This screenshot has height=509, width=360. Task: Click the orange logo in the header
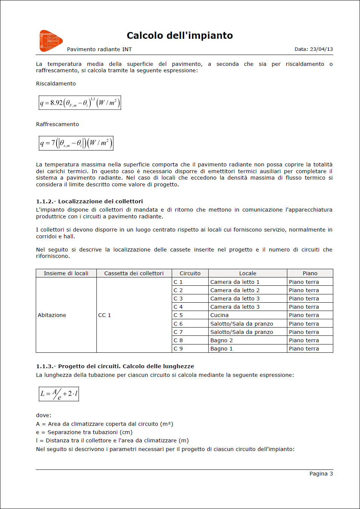(51, 41)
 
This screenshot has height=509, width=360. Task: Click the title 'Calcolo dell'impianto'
(180, 35)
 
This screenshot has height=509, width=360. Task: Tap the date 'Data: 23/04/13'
(313, 49)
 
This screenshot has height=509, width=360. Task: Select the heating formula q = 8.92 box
(80, 103)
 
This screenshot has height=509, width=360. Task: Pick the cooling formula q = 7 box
(76, 143)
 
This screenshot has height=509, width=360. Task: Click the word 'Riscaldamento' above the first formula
(56, 84)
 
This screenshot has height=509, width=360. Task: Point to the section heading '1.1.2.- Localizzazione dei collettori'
(89, 201)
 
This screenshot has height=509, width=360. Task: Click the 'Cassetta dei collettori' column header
(134, 273)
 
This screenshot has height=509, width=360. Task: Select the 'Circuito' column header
(190, 273)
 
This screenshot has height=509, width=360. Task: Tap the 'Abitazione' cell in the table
(52, 315)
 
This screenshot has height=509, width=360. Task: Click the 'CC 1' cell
(104, 315)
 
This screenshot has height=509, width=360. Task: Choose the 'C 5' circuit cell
(178, 315)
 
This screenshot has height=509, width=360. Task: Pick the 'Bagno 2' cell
(221, 340)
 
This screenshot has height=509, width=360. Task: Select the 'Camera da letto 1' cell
(235, 282)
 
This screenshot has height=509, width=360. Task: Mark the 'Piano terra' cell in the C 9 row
(304, 349)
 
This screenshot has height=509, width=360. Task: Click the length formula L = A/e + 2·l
(59, 394)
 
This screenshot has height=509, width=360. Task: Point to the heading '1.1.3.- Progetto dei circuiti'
(115, 366)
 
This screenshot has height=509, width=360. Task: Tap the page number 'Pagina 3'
(321, 474)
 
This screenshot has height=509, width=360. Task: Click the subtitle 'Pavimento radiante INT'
(99, 49)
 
